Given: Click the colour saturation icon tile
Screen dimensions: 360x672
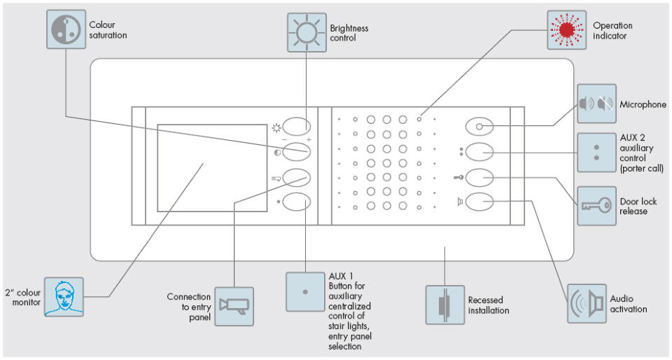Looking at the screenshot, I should point(66,29).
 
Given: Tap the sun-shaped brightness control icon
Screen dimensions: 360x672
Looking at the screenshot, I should point(307,32).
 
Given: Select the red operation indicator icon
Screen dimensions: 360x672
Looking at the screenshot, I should point(567,30).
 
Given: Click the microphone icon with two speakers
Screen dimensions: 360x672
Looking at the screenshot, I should point(596,104).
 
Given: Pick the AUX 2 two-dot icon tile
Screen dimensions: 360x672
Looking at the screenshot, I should point(596,152).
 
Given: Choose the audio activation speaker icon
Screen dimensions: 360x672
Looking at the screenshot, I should point(587,303).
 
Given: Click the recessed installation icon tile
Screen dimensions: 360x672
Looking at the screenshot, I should point(445,305).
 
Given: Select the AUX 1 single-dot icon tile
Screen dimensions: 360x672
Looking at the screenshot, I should point(305,290).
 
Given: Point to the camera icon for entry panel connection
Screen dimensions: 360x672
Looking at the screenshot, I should point(234,306).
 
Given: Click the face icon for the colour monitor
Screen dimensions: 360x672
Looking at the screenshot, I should point(64,297).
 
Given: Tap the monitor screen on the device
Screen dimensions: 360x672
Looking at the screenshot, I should point(211,168).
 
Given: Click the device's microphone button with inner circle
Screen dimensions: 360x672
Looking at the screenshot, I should point(479,127).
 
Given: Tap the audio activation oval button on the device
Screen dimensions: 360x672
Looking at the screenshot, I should point(479,202).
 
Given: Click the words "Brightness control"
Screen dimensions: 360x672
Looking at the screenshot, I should point(349,33).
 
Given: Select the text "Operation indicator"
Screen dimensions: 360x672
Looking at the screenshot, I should point(612,31).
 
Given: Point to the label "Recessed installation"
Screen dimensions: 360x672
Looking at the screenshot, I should point(488,305).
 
